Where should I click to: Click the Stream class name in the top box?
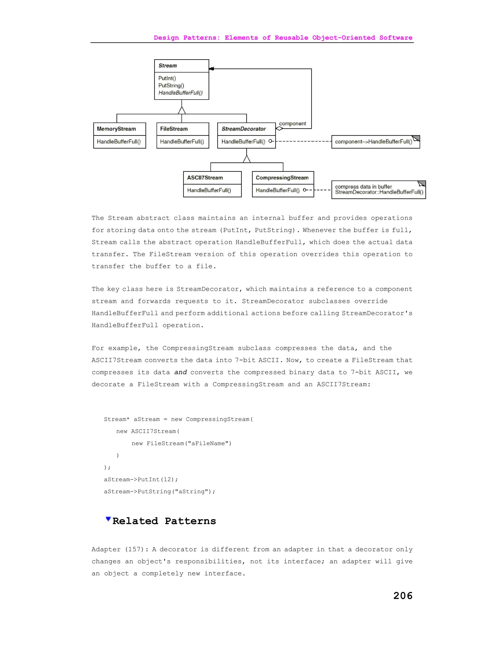(x=168, y=66)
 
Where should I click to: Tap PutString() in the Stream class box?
(x=171, y=85)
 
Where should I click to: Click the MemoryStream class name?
(x=116, y=129)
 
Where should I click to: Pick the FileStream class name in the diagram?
(x=174, y=129)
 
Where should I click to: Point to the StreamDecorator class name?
(x=243, y=129)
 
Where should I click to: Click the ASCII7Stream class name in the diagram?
(x=205, y=178)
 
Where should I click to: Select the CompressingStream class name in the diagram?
(x=282, y=178)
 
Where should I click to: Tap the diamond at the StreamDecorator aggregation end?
(x=279, y=128)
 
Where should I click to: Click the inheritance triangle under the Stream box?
(x=182, y=110)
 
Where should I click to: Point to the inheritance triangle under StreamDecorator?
(x=246, y=159)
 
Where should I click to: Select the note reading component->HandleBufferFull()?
(x=373, y=142)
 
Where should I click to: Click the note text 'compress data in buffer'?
(x=363, y=187)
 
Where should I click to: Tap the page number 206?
(x=403, y=595)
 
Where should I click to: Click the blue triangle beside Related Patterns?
(x=108, y=519)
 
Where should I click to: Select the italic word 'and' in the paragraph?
(x=181, y=372)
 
